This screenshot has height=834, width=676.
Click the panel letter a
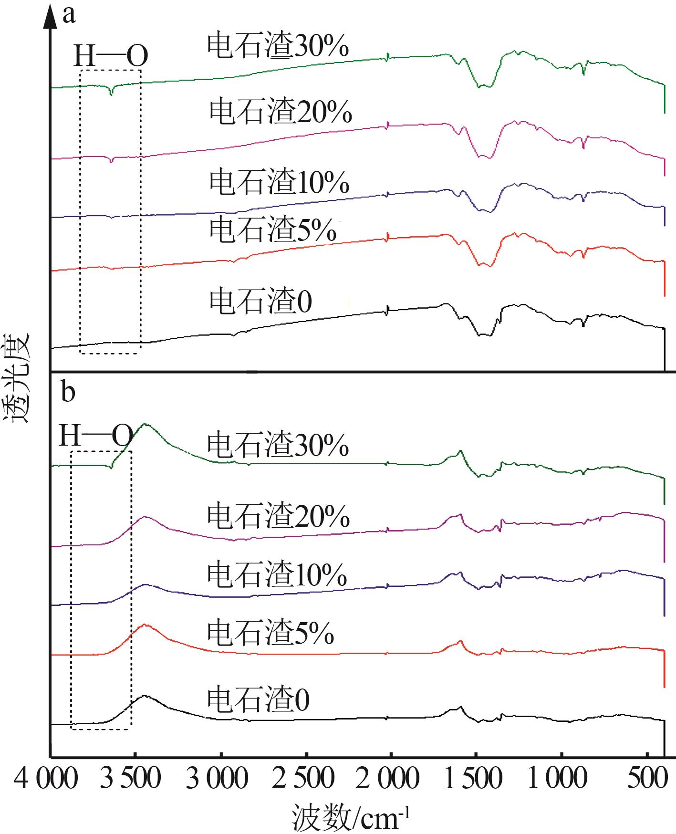point(69,15)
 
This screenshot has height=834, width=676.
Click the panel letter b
point(69,392)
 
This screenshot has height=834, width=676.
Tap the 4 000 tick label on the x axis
point(40,779)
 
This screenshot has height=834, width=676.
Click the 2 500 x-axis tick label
point(303,779)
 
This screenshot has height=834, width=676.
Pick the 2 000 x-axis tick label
point(388,779)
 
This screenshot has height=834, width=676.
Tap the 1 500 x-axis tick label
point(474,779)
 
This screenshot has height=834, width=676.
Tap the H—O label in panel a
point(111,56)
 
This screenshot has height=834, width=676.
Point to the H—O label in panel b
point(95,436)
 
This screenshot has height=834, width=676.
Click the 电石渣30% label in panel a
point(278,47)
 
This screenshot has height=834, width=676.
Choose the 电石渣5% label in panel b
point(270,633)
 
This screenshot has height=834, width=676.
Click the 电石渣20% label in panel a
point(281,112)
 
